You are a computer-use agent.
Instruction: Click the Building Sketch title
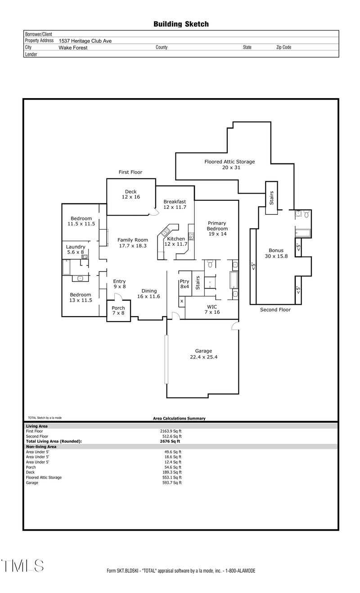[x=181, y=24]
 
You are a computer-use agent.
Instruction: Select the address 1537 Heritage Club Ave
[x=85, y=41]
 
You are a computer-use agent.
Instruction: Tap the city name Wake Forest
[x=73, y=47]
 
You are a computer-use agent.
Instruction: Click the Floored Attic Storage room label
[x=229, y=164]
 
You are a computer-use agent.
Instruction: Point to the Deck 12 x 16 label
[x=130, y=195]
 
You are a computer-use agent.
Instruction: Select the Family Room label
[x=132, y=243]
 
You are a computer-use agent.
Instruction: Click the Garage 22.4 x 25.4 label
[x=203, y=354]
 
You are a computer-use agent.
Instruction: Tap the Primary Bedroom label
[x=216, y=228]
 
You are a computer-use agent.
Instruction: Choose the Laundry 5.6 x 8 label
[x=75, y=249]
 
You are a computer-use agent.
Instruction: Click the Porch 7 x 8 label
[x=118, y=311]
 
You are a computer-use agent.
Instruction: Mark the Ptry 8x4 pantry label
[x=185, y=284]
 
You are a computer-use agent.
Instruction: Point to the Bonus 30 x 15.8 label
[x=276, y=253]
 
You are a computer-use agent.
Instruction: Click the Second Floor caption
[x=275, y=310]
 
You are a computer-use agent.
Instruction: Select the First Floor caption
[x=130, y=172]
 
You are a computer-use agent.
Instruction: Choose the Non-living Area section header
[x=41, y=447]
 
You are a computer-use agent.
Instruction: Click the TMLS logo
[x=22, y=566]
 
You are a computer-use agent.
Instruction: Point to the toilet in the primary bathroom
[x=210, y=264]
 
